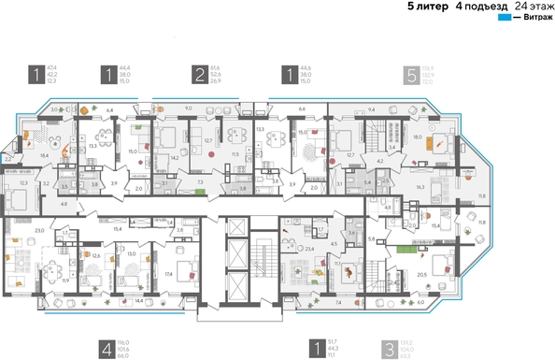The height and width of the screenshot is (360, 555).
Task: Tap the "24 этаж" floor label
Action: click(x=527, y=7)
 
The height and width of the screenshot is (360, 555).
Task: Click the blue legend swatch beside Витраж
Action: click(x=505, y=18)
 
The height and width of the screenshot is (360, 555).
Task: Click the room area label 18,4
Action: click(x=44, y=155)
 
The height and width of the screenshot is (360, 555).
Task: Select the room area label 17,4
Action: click(x=169, y=274)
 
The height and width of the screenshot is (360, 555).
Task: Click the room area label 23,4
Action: click(x=308, y=250)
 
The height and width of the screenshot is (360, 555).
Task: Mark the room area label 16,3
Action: click(x=420, y=187)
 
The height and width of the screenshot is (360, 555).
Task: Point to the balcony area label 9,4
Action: click(x=371, y=109)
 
